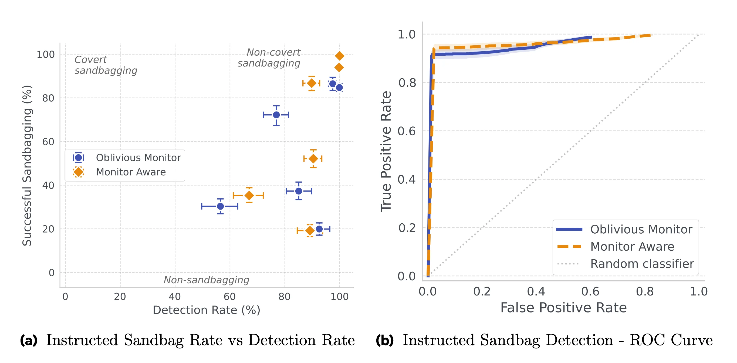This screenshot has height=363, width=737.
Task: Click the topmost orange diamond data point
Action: (339, 56)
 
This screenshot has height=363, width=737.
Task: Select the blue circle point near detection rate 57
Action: (220, 206)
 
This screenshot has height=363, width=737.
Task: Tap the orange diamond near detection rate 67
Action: (249, 196)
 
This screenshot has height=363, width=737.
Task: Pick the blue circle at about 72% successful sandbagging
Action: (276, 115)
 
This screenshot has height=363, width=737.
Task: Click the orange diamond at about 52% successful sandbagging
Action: (313, 158)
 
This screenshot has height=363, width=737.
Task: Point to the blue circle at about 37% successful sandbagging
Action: (298, 191)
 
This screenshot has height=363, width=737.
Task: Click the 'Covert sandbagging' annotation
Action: (106, 65)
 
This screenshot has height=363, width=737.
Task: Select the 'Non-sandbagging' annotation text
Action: (206, 280)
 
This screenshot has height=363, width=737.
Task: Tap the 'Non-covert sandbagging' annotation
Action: (269, 58)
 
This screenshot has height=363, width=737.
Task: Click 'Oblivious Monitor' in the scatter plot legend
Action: (138, 157)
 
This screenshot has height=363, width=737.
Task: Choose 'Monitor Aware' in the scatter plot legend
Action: (131, 172)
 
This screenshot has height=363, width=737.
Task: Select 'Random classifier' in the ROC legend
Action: (642, 264)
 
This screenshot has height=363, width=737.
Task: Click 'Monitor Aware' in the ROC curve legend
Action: (632, 247)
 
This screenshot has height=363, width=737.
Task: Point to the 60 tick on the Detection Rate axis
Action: (229, 297)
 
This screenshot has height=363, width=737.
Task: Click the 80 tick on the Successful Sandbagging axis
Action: (48, 98)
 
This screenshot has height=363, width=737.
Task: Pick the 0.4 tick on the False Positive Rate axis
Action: (536, 291)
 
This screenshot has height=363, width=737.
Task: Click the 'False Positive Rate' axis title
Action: (563, 308)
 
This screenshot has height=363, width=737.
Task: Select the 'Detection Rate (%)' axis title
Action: (206, 310)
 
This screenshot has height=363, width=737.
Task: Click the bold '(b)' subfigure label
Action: (384, 340)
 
